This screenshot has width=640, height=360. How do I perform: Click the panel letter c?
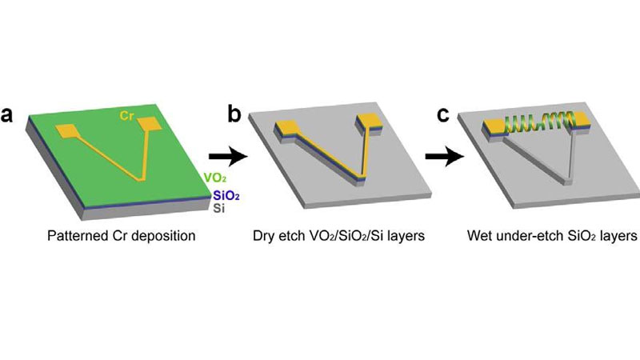pos(443,114)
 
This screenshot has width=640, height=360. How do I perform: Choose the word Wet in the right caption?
pos(481,238)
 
